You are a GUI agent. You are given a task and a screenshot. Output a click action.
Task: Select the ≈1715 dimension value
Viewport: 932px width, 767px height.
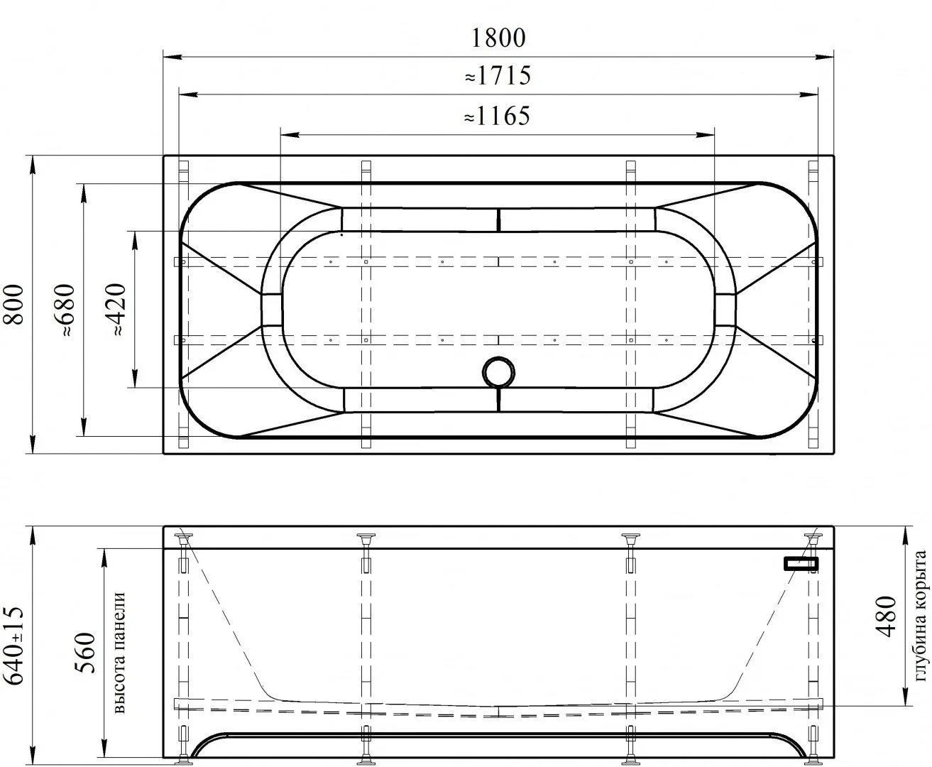pos(498,75)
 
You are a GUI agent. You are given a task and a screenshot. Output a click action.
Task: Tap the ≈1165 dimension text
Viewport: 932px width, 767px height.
pos(498,116)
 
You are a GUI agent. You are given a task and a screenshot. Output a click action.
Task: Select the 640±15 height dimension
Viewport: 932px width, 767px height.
pos(16,646)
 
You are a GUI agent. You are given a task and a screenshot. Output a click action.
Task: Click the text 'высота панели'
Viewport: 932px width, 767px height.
pos(119,653)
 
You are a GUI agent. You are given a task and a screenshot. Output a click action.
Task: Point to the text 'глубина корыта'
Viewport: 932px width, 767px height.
pos(921,616)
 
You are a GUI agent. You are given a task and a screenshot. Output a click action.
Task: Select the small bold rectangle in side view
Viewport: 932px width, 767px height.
pos(801,564)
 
